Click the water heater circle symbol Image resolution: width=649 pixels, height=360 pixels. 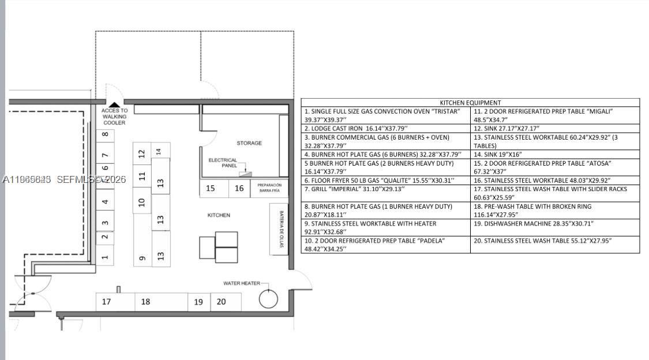tap(268, 299)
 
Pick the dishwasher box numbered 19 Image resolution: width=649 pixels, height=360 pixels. tap(198, 302)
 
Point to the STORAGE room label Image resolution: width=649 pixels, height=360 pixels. tap(249, 143)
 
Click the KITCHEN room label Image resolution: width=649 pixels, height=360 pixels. tap(219, 215)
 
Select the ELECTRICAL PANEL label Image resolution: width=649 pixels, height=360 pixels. tap(223, 163)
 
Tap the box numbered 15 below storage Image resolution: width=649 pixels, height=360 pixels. tap(211, 188)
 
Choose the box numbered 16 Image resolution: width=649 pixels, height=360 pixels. tap(239, 188)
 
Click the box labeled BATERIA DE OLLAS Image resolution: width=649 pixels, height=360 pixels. tap(279, 229)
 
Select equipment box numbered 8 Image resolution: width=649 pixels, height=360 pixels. tap(104, 136)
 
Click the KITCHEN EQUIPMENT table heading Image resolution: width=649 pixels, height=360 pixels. tap(470, 103)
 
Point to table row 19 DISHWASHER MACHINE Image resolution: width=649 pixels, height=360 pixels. tap(555, 223)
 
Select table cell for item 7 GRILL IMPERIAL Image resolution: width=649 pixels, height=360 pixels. tap(385, 193)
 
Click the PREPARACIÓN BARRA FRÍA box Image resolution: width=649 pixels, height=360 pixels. tap(269, 188)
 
